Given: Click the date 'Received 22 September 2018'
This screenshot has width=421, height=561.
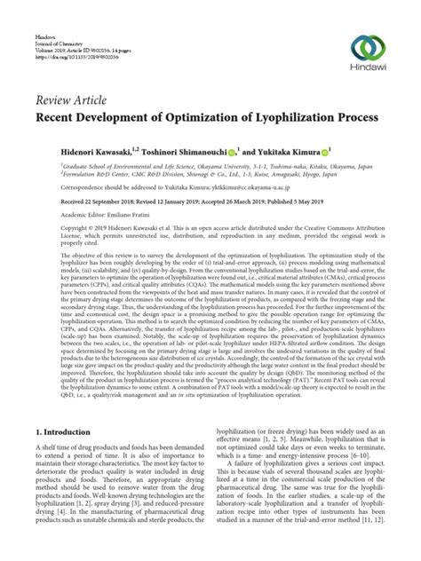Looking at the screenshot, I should coord(75,202).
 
